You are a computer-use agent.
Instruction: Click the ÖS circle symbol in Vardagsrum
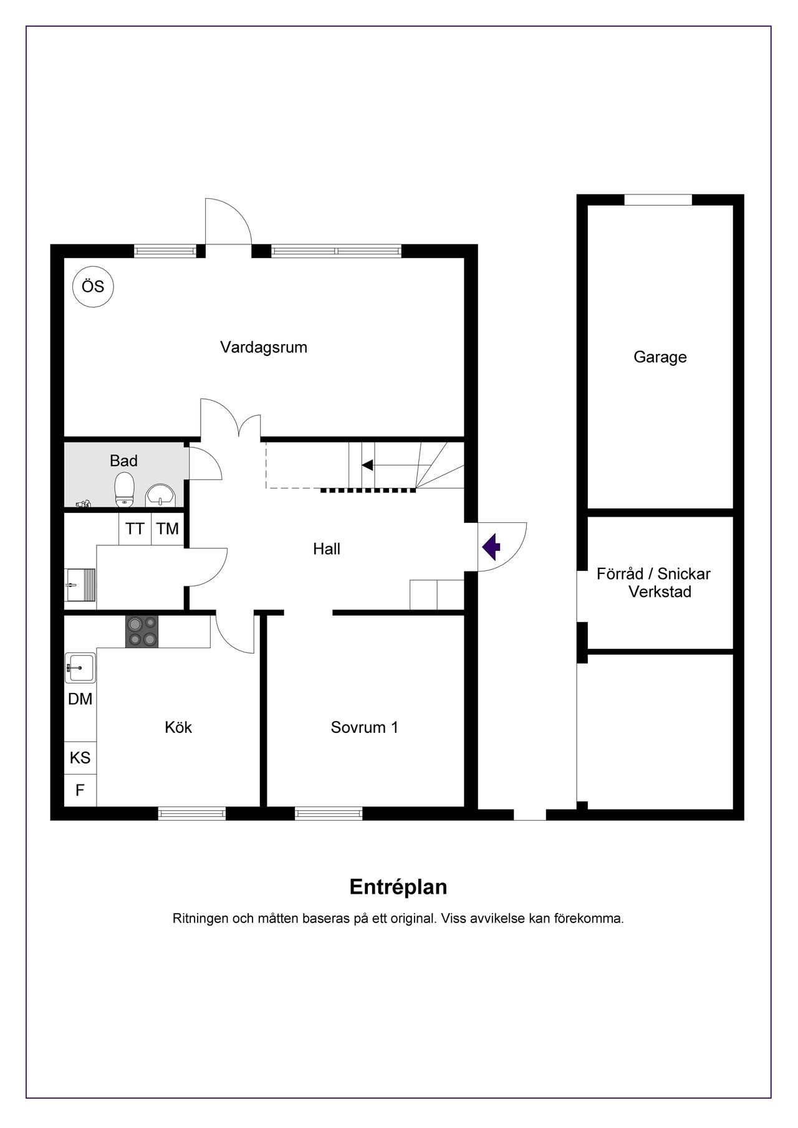(94, 287)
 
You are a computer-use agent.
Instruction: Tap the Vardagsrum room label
(264, 348)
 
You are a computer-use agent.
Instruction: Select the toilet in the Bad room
(125, 489)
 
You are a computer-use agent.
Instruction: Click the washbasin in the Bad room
(161, 496)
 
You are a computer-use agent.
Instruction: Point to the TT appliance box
(135, 528)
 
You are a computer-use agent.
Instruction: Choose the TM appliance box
(168, 528)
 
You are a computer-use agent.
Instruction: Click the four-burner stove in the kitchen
(142, 631)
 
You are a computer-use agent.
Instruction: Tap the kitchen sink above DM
(80, 667)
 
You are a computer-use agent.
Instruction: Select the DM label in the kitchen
(80, 699)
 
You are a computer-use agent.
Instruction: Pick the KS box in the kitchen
(80, 757)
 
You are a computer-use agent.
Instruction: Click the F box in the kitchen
(80, 790)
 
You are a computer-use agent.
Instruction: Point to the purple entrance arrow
(492, 547)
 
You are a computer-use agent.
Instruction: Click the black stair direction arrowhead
(367, 465)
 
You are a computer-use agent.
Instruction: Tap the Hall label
(327, 549)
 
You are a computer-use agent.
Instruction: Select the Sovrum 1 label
(365, 727)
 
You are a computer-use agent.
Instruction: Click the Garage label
(660, 357)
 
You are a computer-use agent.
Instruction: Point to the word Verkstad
(660, 591)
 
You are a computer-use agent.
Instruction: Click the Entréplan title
(398, 887)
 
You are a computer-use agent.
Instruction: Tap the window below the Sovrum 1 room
(329, 813)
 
